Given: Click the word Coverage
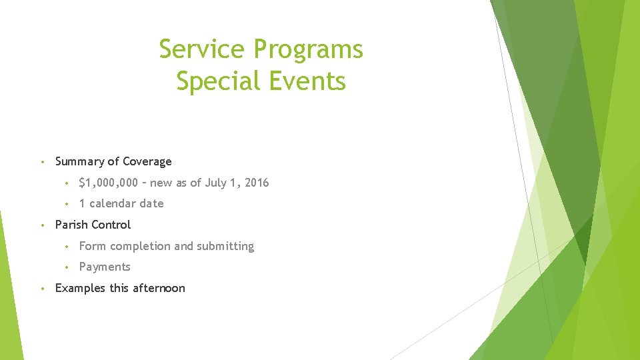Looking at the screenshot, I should click(147, 162).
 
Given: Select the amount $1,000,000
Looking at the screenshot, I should click(108, 183).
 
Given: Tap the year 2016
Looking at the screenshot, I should click(257, 183).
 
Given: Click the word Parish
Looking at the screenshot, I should click(71, 225).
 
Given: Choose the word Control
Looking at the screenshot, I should click(111, 225).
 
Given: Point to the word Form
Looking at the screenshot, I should click(92, 246).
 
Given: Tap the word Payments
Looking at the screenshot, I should click(105, 267).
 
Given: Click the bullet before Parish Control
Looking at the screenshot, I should click(41, 225).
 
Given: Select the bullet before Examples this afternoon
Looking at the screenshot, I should click(41, 288).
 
